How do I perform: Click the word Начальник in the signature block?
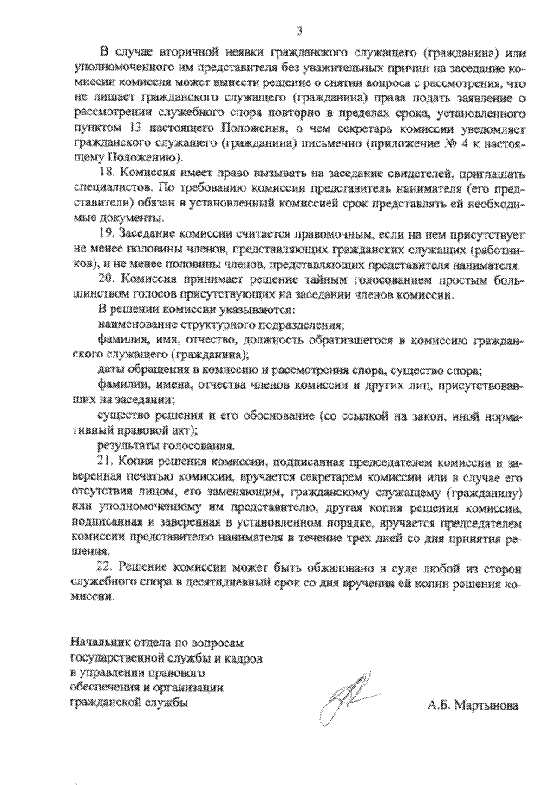[x=97, y=643]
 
